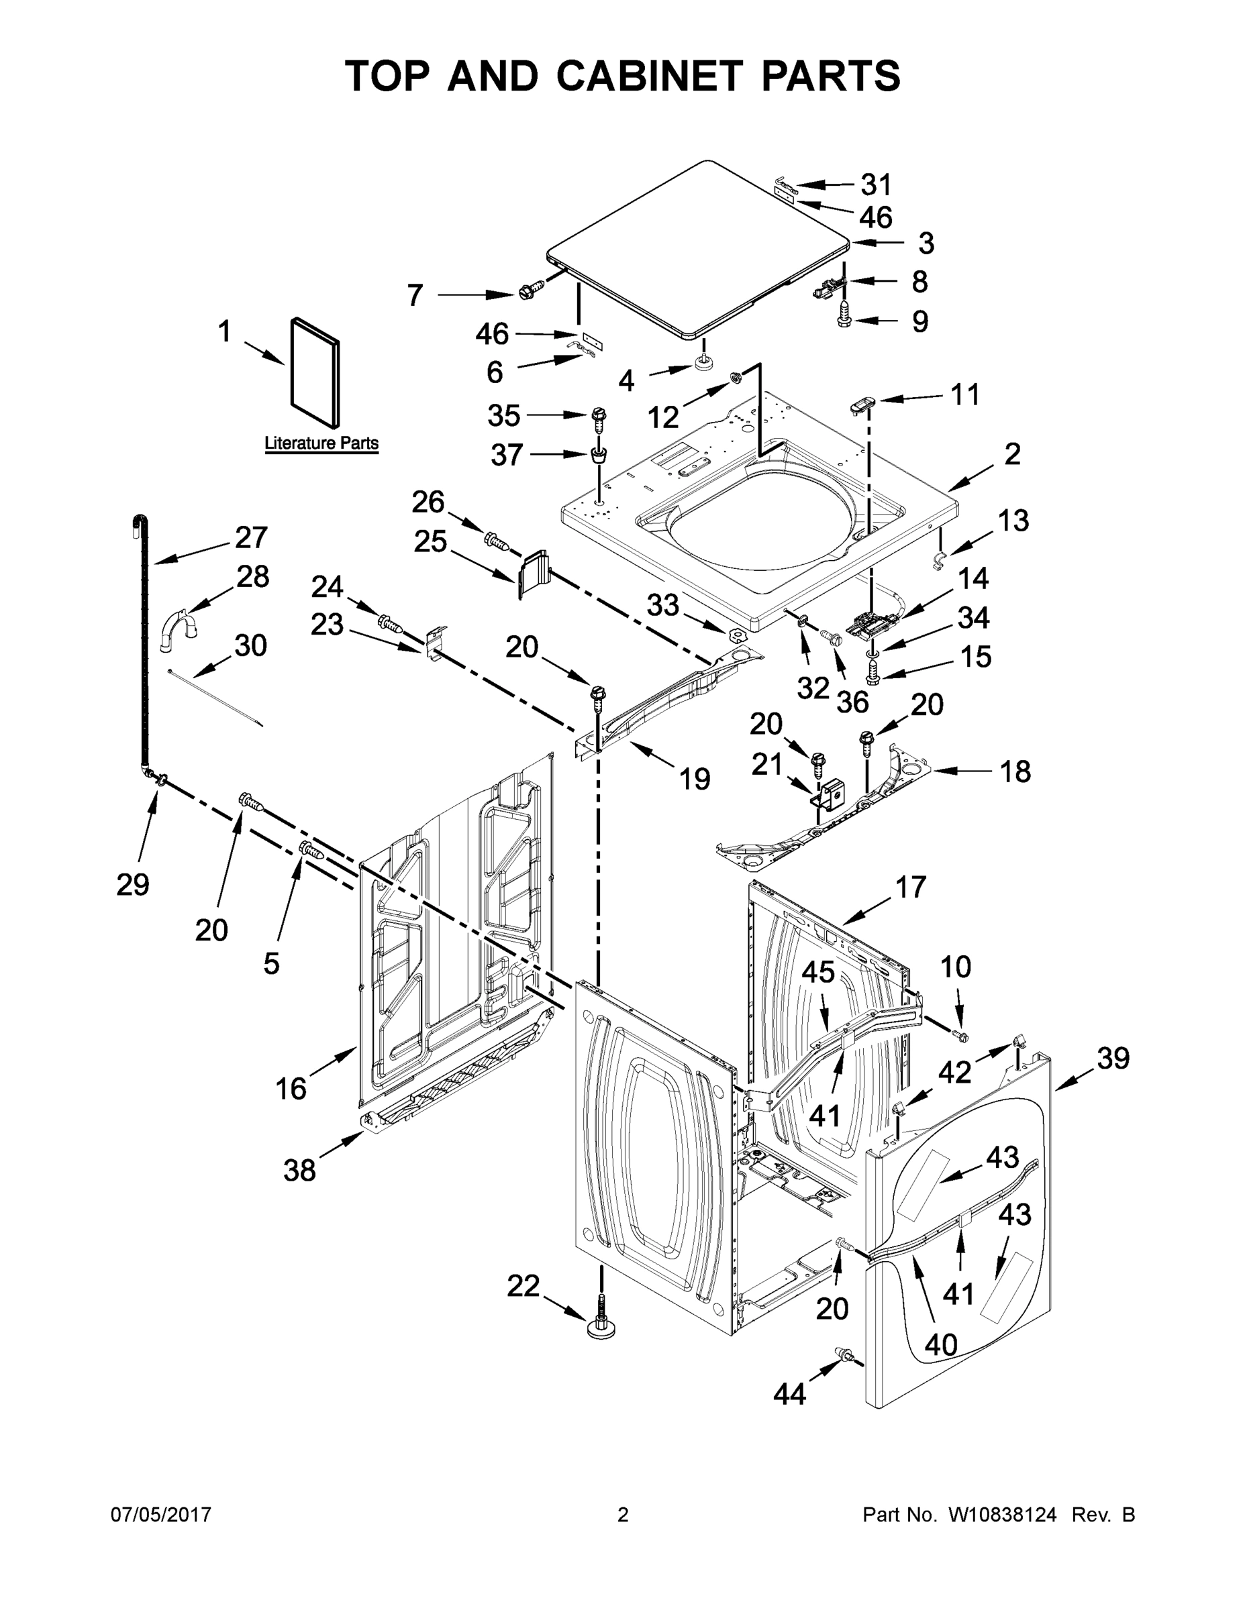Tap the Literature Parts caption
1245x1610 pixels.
point(321,444)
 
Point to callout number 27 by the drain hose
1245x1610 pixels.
point(251,537)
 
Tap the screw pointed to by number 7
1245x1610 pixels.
point(528,291)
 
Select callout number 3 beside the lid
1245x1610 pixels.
point(926,244)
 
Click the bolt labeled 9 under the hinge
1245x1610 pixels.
point(845,319)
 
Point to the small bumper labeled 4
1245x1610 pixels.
point(703,362)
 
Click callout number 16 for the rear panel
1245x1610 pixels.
point(291,1088)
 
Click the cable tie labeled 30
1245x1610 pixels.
point(214,699)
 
